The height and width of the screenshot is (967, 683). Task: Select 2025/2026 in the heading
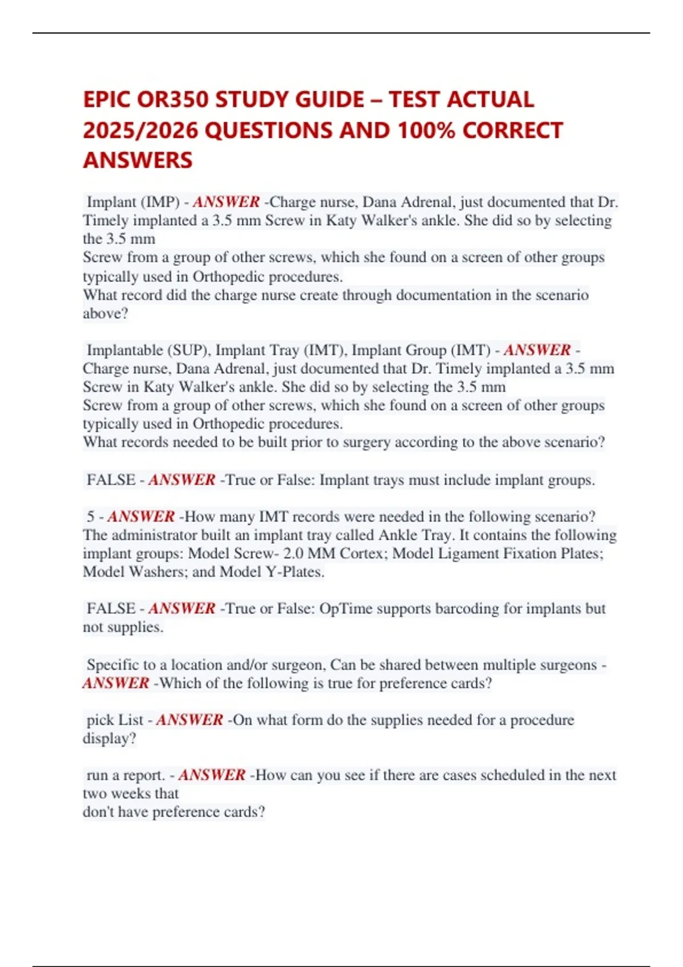[140, 130]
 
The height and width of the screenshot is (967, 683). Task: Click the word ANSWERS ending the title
[138, 160]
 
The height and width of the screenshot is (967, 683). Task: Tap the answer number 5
[90, 516]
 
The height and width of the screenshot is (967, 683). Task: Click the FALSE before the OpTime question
[111, 609]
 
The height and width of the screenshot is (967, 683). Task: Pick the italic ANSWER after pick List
[190, 720]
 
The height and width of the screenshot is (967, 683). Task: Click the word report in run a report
[145, 775]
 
